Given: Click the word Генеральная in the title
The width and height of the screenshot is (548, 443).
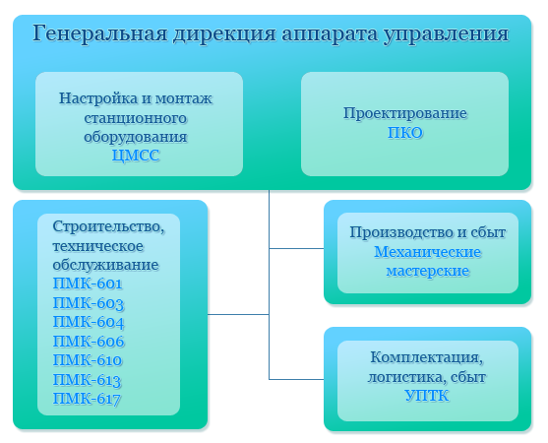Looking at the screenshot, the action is [x=100, y=33].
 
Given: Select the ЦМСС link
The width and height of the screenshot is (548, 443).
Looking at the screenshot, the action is [x=136, y=156].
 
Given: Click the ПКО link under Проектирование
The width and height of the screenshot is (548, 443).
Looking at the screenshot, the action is [x=405, y=133].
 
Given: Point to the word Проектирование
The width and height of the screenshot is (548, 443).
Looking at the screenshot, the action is [x=405, y=114].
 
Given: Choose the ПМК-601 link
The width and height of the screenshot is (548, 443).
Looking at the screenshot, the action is [x=88, y=284].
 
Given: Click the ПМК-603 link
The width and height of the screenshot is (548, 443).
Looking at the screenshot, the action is [x=89, y=303].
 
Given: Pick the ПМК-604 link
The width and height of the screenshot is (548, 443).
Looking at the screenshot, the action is [x=89, y=322].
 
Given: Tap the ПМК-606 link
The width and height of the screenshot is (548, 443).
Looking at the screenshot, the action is [x=89, y=342].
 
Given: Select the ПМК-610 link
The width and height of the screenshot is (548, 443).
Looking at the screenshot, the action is [x=88, y=360].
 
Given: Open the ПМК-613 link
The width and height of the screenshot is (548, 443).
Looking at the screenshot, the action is [x=87, y=380].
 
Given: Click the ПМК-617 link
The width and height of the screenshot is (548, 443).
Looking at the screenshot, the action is [x=87, y=399].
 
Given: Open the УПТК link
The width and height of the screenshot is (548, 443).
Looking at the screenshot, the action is [x=427, y=396].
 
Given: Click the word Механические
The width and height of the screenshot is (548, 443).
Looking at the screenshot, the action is [x=427, y=252].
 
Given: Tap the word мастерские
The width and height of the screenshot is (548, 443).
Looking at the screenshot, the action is [x=427, y=271].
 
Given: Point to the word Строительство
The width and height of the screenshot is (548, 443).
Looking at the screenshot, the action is [x=108, y=227].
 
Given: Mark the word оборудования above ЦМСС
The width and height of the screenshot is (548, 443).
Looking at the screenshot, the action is [x=136, y=137].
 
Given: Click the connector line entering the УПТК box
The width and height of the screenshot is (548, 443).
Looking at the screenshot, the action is [x=296, y=379].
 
